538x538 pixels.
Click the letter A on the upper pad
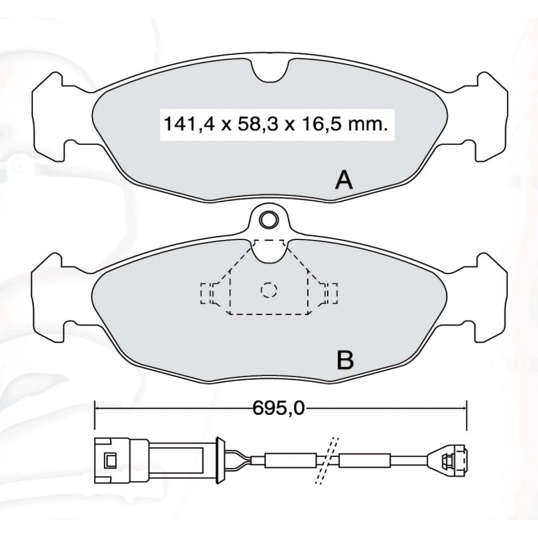(x=344, y=180)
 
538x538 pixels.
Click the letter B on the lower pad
(x=345, y=359)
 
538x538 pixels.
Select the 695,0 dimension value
(x=279, y=408)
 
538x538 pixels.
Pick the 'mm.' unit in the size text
(x=369, y=124)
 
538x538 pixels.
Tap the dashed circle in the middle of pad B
(x=268, y=290)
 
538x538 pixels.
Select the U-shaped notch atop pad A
(x=271, y=72)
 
